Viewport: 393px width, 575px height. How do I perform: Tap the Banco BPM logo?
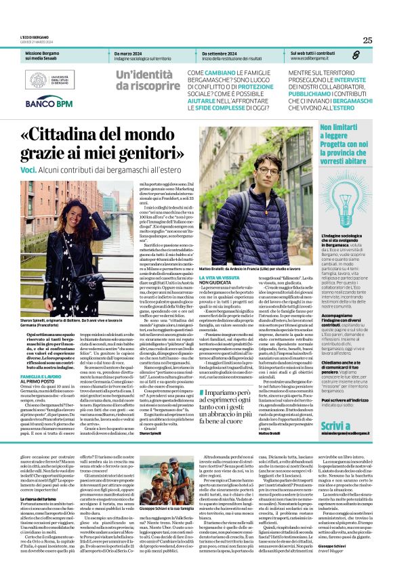pos(49,104)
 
